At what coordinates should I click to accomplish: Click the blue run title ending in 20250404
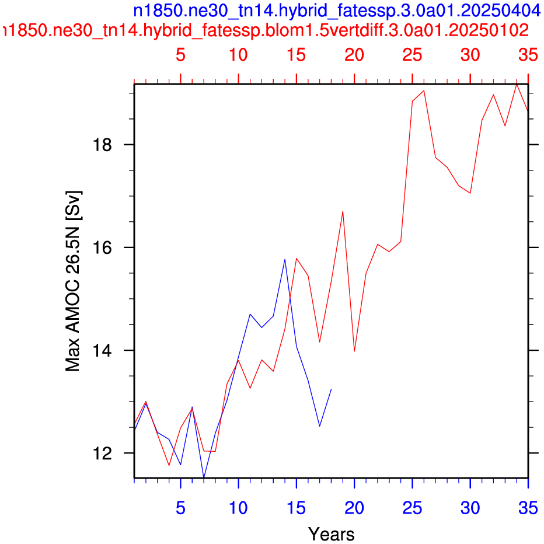point(337,11)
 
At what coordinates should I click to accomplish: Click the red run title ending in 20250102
point(266,30)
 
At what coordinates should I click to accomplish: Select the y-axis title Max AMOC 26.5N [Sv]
point(73,281)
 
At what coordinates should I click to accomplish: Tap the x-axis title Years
point(332,534)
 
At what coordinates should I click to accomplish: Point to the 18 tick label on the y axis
point(102,144)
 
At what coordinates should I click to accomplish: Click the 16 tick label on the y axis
point(102,247)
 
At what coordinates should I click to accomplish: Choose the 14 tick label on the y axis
point(102,350)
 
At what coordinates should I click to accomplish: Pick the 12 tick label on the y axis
point(102,453)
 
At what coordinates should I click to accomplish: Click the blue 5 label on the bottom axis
point(180,508)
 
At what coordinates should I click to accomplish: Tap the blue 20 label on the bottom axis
point(354,508)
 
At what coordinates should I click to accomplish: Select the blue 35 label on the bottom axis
point(528,508)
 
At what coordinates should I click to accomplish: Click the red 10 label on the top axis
point(238,55)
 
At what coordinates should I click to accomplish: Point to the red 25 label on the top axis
point(412,55)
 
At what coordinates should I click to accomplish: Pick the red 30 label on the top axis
point(470,55)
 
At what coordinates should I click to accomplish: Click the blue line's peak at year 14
point(285,259)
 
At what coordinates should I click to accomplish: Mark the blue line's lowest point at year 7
point(204,477)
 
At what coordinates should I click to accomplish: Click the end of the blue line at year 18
point(332,389)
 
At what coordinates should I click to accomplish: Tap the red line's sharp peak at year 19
point(343,211)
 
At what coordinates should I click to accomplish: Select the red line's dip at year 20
point(354,351)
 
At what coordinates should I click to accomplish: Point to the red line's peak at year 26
point(424,90)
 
